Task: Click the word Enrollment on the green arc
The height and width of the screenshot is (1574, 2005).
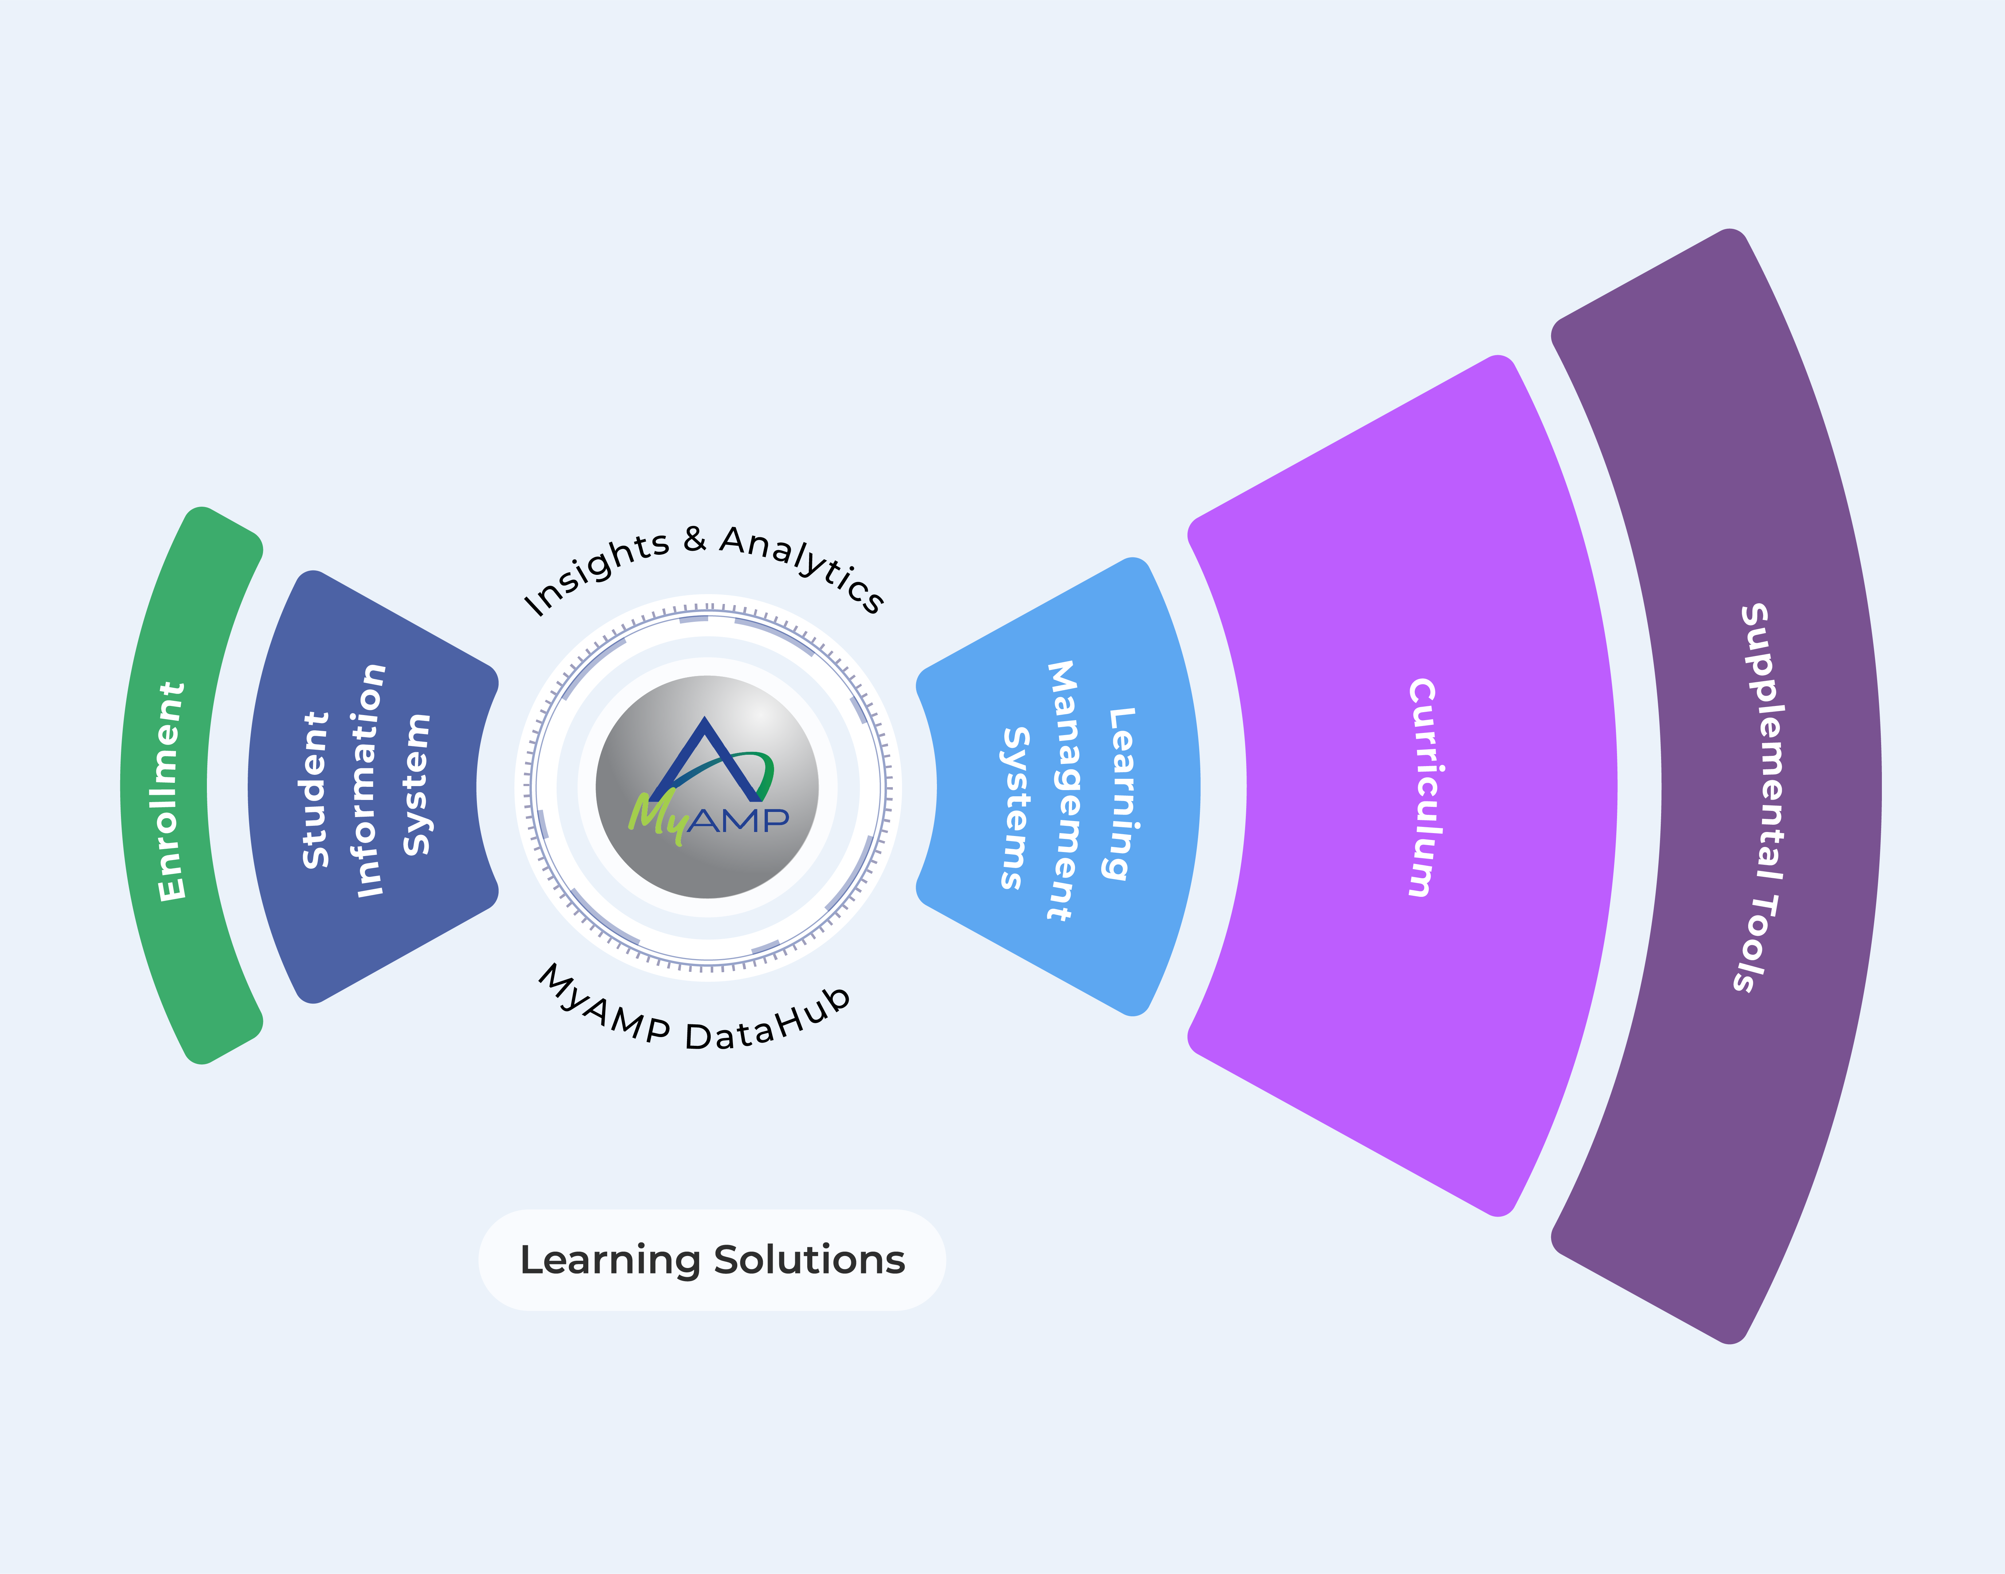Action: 171,791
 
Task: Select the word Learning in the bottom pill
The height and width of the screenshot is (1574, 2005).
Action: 610,1260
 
